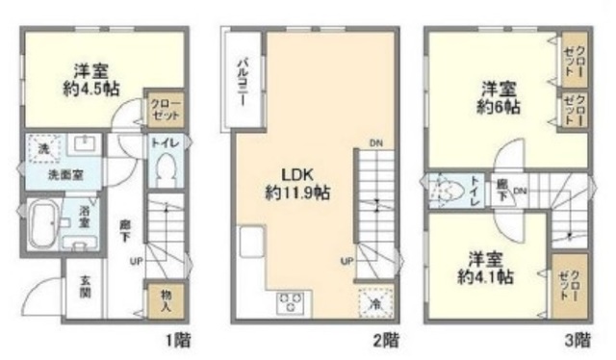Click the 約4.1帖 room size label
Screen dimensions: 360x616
(x=488, y=276)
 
